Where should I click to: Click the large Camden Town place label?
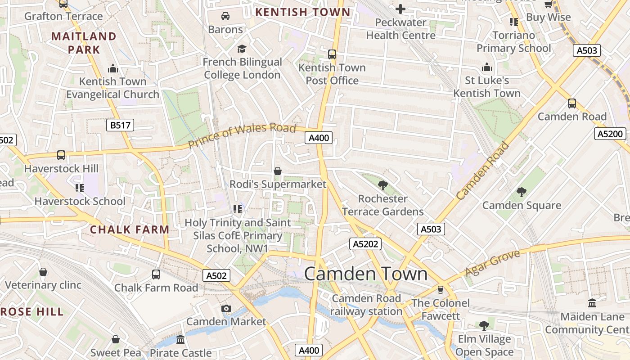[366, 274]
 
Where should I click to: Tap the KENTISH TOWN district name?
[302, 12]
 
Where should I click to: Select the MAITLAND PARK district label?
[84, 43]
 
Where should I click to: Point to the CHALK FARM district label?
[130, 229]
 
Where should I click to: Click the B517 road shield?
[120, 125]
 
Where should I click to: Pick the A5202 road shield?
[365, 244]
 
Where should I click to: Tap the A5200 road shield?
[611, 134]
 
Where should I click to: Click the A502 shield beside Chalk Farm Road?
[216, 275]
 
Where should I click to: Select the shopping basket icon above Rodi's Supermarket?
[278, 171]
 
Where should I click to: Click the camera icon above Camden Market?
[226, 308]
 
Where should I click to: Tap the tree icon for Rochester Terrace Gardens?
[383, 185]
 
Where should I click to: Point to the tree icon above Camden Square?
[522, 192]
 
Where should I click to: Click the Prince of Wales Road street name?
[242, 135]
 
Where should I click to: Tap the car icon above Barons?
[225, 16]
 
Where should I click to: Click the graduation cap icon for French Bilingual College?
[242, 49]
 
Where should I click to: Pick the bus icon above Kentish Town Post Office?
[332, 54]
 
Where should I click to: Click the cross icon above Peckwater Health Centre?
[400, 9]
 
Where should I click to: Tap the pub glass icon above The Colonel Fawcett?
[441, 289]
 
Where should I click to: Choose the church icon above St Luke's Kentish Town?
[487, 67]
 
